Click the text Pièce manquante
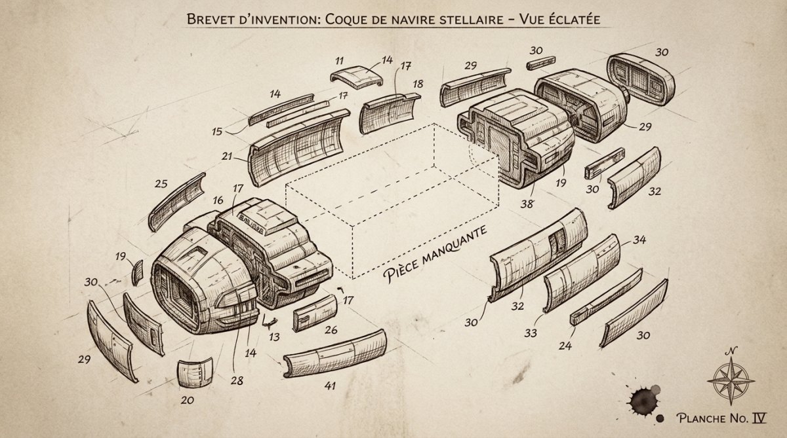point(435,254)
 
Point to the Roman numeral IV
point(759,418)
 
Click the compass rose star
point(731,380)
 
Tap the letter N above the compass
point(731,351)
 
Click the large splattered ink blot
point(643,401)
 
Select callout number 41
point(330,386)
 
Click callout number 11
point(339,61)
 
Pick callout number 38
point(527,204)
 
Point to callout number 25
point(161,184)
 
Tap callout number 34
point(639,240)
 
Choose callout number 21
point(227,156)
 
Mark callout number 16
point(218,200)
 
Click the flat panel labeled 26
point(315,313)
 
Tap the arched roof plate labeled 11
point(356,77)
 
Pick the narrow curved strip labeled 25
point(176,202)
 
